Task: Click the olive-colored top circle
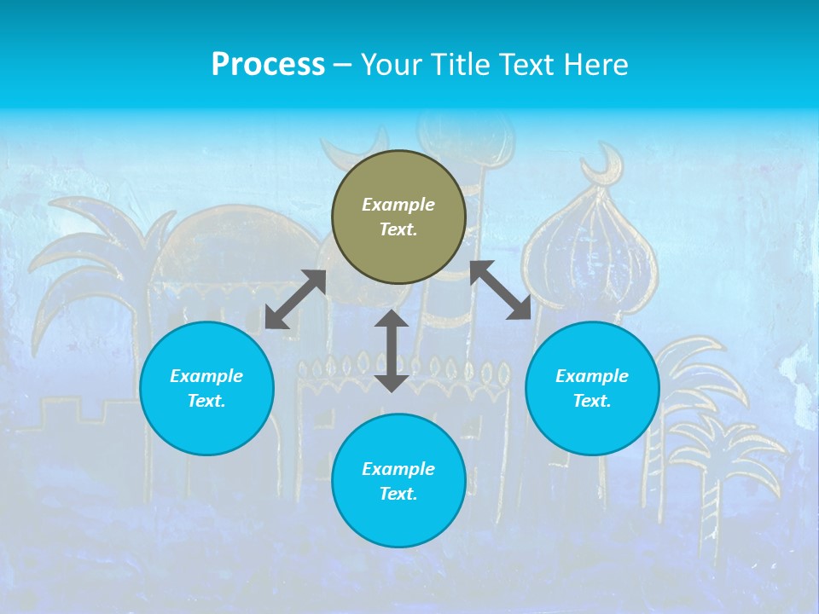coord(398,217)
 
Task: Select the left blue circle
coord(206,388)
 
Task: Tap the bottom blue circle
coord(398,481)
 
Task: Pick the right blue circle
coord(592,388)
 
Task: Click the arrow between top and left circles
coord(295,299)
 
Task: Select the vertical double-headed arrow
coord(392,350)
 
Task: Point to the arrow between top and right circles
coord(501,290)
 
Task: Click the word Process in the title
coord(268,65)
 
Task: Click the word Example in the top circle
coord(398,205)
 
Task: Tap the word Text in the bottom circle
coord(398,494)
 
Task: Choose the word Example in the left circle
coord(206,376)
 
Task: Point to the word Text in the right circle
coord(592,401)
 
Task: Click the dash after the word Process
coord(343,65)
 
